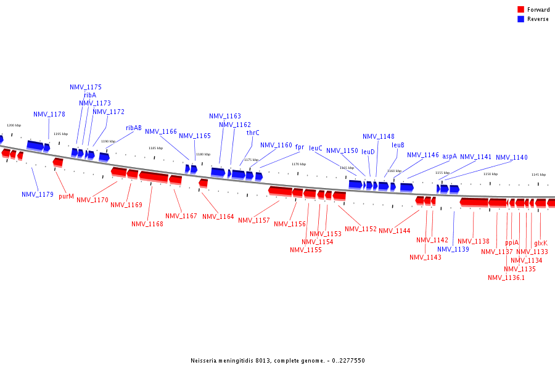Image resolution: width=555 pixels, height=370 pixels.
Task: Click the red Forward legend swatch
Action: [520, 10]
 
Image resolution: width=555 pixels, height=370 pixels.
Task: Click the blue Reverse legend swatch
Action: [520, 19]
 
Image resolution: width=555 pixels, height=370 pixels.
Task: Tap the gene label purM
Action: [67, 197]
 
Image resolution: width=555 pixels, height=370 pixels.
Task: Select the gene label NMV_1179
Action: [38, 195]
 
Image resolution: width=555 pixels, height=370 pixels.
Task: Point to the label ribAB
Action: [134, 128]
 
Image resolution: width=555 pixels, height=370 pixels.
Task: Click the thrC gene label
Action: [253, 133]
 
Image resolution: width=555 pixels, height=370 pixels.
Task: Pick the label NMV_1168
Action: [147, 224]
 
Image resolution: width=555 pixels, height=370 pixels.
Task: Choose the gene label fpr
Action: [300, 147]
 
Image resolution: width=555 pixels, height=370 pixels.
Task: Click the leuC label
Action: [316, 149]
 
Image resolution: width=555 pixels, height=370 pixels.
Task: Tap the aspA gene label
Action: [450, 157]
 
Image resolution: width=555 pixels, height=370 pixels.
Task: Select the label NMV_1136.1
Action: [506, 278]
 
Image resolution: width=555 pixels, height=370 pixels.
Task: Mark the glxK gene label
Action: [541, 243]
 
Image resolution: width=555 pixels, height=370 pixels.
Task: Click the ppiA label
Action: [512, 243]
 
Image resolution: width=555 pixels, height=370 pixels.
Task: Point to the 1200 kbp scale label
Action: [14, 125]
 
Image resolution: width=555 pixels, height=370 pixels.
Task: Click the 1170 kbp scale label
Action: [298, 165]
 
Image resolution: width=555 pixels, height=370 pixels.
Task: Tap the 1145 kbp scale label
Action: [539, 175]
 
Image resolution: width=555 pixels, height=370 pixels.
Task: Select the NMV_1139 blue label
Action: [453, 250]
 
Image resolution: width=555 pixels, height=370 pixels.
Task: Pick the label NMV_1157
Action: [254, 221]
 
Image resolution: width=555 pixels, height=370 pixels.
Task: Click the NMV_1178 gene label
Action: [49, 115]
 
